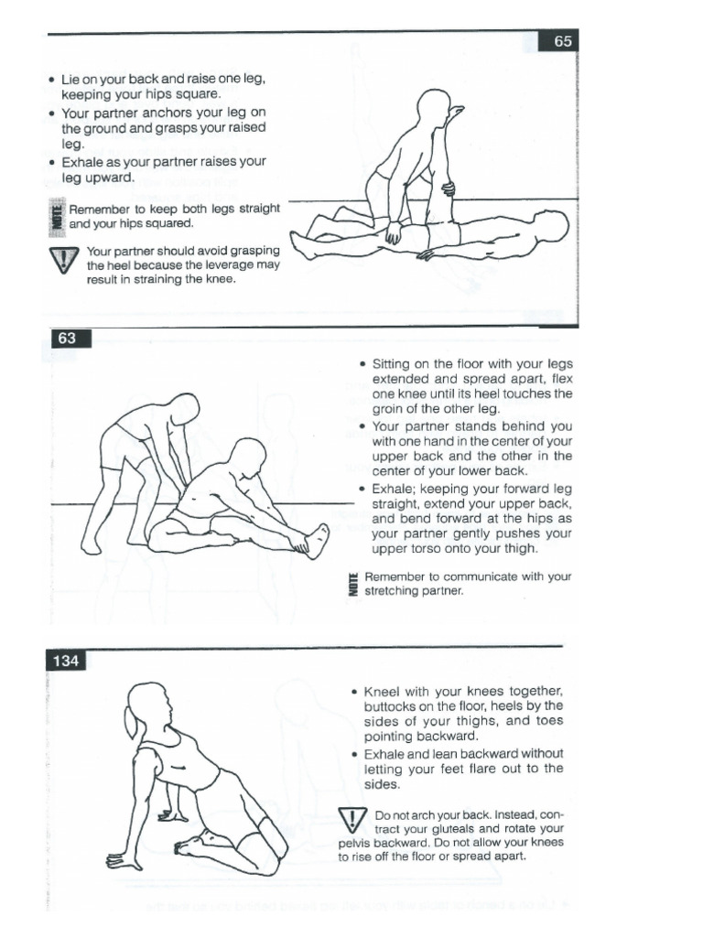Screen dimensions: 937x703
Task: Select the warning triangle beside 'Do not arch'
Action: (351, 822)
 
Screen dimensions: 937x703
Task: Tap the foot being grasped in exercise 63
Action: (315, 540)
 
